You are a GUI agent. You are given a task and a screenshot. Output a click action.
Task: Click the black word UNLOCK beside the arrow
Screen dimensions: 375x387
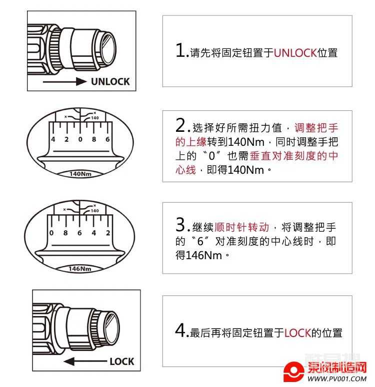point(110,81)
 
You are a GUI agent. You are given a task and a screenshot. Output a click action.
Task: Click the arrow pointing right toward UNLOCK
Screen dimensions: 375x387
point(65,81)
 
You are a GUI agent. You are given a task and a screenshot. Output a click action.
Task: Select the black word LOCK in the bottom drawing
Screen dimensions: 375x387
point(121,362)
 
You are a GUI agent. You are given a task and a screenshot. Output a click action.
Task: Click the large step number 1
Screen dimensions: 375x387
point(179,50)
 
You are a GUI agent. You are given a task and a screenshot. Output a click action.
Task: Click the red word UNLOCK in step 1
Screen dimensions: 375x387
point(295,53)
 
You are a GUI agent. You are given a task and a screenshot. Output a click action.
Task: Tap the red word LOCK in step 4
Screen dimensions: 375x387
point(297,333)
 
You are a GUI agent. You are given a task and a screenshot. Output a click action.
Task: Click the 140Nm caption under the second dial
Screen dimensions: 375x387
point(80,174)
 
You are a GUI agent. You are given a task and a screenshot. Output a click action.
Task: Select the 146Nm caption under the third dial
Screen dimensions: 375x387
point(79,269)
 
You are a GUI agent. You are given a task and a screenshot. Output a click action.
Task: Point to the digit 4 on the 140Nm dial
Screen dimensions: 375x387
point(53,139)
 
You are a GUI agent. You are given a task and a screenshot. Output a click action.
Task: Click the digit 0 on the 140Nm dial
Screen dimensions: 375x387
point(80,139)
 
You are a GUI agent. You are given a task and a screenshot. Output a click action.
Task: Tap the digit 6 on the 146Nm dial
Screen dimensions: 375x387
point(79,233)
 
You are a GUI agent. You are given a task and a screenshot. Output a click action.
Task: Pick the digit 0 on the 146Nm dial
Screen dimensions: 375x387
point(51,233)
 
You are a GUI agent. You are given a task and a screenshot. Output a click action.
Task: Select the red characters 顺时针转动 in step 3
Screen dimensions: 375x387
point(242,227)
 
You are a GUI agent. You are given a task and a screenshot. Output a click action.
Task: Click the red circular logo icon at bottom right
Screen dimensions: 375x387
point(293,371)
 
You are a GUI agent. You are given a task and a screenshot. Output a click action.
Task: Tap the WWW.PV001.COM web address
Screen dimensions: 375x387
point(337,379)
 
